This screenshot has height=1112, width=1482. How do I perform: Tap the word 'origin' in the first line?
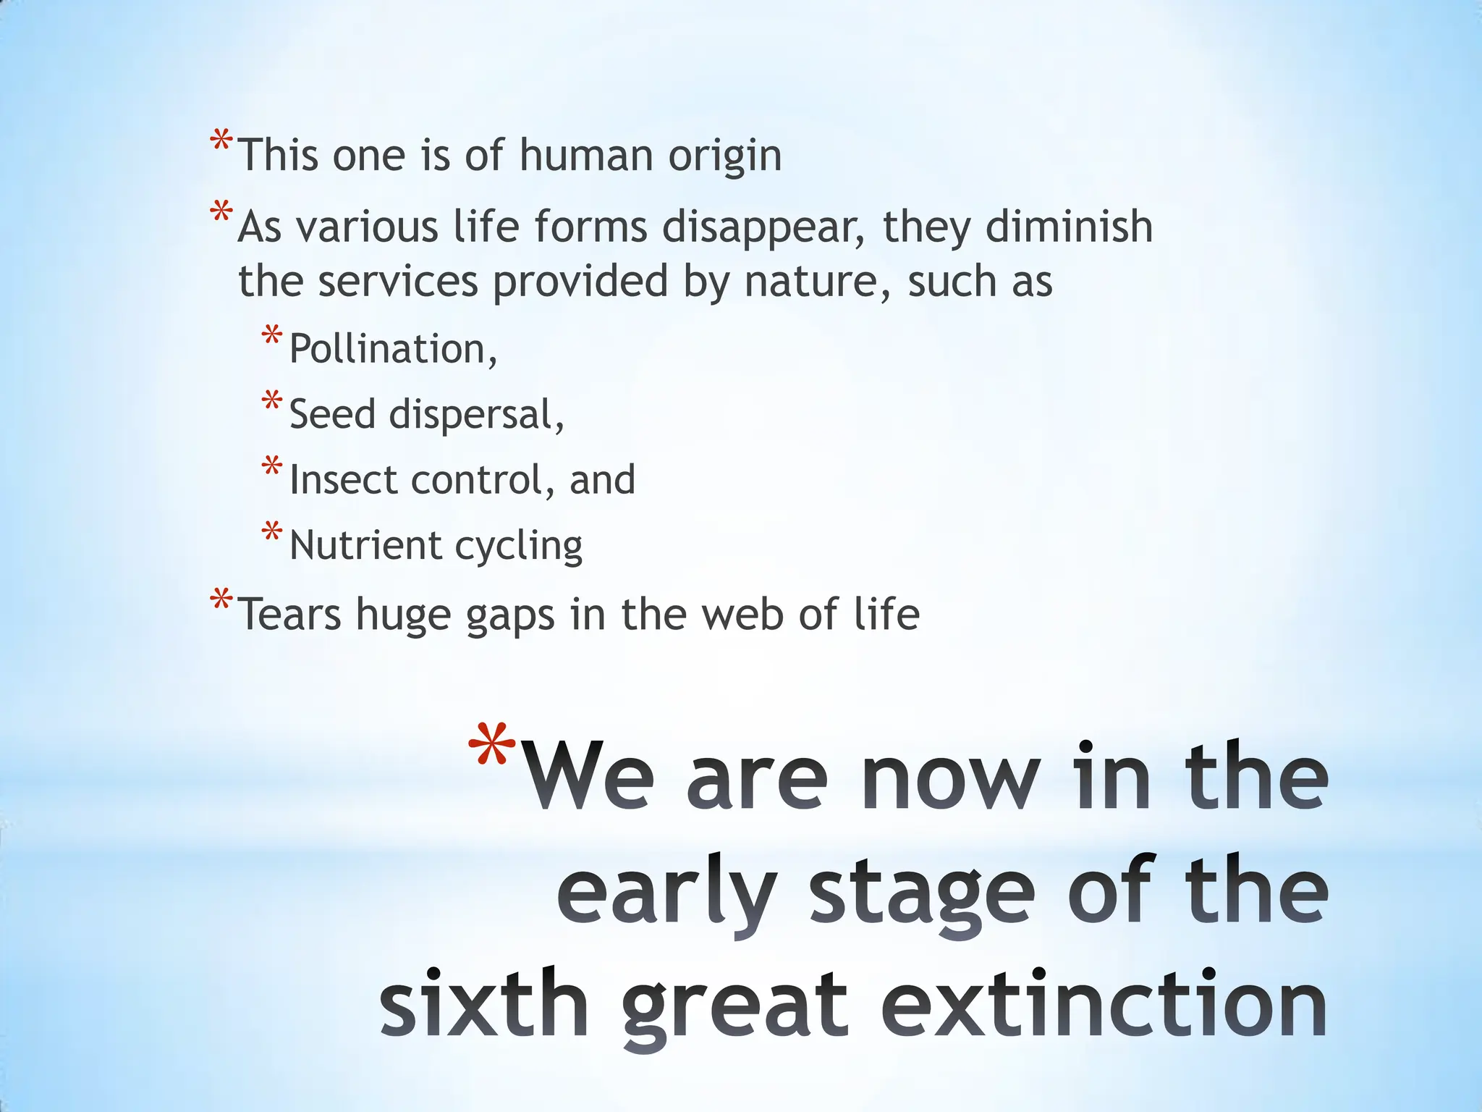click(x=724, y=156)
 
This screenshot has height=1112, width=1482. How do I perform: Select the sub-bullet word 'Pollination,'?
click(x=393, y=349)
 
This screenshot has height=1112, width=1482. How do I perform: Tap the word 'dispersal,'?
click(x=476, y=415)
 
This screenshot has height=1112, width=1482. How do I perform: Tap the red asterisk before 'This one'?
click(x=221, y=140)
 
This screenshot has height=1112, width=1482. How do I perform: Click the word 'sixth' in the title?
click(x=484, y=1005)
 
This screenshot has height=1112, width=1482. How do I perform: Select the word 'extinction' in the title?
click(x=1104, y=1005)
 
